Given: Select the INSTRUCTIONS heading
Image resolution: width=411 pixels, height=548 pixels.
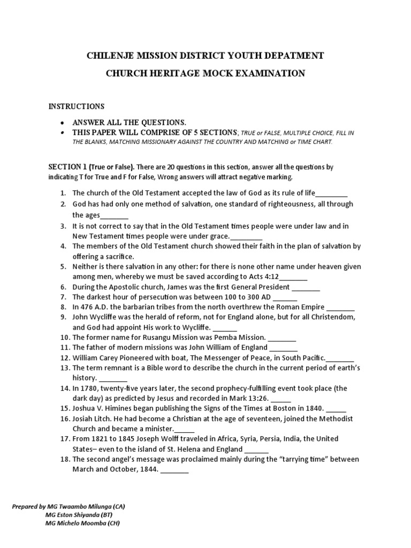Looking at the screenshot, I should coord(77,106).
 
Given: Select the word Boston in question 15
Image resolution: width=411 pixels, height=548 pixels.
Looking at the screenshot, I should coord(287,408).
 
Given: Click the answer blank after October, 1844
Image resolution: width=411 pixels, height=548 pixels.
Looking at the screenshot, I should coord(174,470).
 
